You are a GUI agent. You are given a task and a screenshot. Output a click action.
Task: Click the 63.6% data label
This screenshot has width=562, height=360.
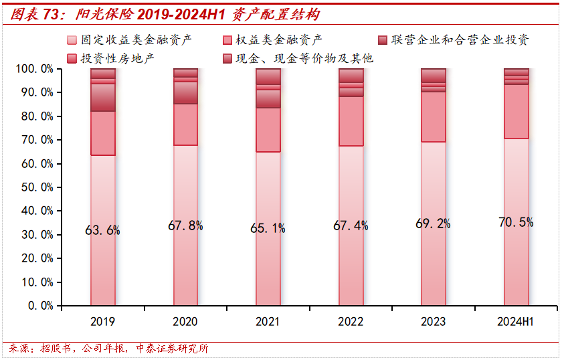pyautogui.click(x=102, y=231)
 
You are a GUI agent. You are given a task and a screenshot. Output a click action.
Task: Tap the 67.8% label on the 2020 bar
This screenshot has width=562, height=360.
pyautogui.click(x=185, y=226)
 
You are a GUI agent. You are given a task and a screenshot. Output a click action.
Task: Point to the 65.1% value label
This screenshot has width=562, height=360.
pyautogui.click(x=268, y=229)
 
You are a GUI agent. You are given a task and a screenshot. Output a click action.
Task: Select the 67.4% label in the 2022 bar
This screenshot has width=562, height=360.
pyautogui.click(x=351, y=226)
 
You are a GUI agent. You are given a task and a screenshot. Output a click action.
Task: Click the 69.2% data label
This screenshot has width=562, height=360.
pyautogui.click(x=433, y=223)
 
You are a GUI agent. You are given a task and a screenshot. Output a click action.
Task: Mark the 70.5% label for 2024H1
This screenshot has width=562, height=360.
pyautogui.click(x=516, y=222)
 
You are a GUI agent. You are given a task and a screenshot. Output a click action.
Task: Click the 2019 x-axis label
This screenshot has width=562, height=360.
pyautogui.click(x=102, y=322)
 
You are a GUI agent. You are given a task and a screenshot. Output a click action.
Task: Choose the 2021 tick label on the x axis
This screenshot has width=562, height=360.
pyautogui.click(x=268, y=322)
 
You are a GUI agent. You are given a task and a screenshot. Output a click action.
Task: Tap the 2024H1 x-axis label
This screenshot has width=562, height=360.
pyautogui.click(x=515, y=322)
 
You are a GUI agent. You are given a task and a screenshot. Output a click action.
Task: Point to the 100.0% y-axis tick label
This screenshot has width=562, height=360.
pyautogui.click(x=34, y=69)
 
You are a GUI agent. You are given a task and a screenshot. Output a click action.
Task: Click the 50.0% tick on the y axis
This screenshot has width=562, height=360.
pyautogui.click(x=37, y=187)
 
